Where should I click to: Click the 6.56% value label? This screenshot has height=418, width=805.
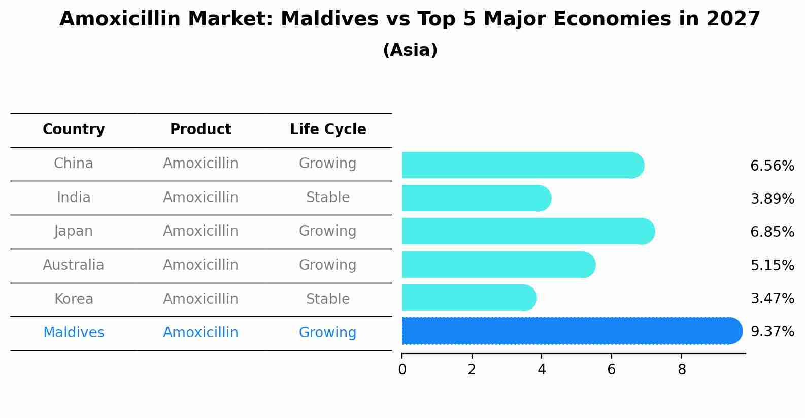(x=772, y=166)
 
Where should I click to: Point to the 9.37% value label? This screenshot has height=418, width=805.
(x=772, y=332)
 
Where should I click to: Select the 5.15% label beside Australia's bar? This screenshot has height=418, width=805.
(x=772, y=265)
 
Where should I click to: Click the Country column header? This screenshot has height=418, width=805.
(x=74, y=130)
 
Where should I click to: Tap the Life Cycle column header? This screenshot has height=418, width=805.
(x=328, y=130)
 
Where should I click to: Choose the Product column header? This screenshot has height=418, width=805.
(x=200, y=130)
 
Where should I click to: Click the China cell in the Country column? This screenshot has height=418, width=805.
(x=74, y=164)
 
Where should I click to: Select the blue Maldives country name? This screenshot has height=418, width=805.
(x=74, y=333)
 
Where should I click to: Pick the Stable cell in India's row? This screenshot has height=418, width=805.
(x=328, y=198)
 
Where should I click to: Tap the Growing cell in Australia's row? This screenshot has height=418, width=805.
(x=328, y=265)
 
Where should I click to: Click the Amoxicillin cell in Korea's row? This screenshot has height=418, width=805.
(x=200, y=299)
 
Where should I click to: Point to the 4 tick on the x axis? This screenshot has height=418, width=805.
(x=542, y=369)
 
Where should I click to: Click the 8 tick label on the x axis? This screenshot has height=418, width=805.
(x=682, y=369)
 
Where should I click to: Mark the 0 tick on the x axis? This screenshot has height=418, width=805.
(x=402, y=369)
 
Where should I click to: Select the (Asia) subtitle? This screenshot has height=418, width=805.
(x=410, y=50)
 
